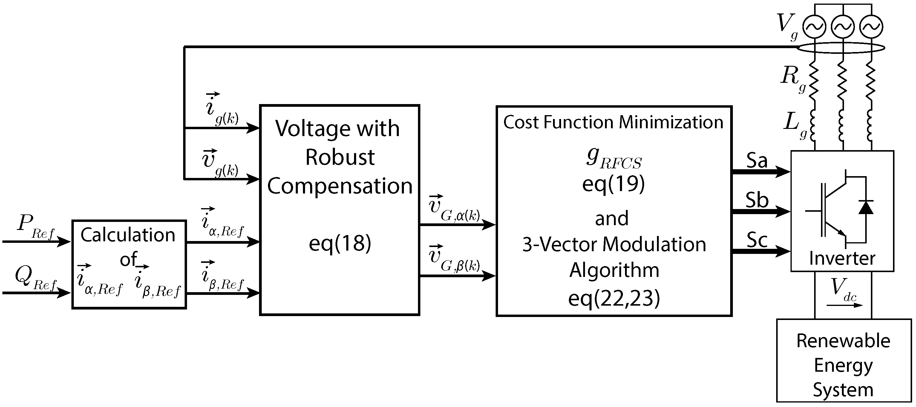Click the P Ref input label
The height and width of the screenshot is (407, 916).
pos(35,226)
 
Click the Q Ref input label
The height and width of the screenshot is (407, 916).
pos(35,279)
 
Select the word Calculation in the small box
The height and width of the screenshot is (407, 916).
pos(128,235)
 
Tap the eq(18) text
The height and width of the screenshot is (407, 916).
pos(340,243)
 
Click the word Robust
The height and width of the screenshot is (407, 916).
pos(340,157)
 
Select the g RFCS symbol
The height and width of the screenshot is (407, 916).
pos(613,159)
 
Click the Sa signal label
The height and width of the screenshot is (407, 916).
pos(756,161)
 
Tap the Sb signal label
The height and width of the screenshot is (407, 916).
pos(757,200)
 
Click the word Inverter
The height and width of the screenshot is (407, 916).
pos(842,258)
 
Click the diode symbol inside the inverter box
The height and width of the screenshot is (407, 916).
pos(866,207)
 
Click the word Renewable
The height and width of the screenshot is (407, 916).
pos(843,341)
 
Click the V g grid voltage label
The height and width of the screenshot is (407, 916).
pos(786,26)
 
